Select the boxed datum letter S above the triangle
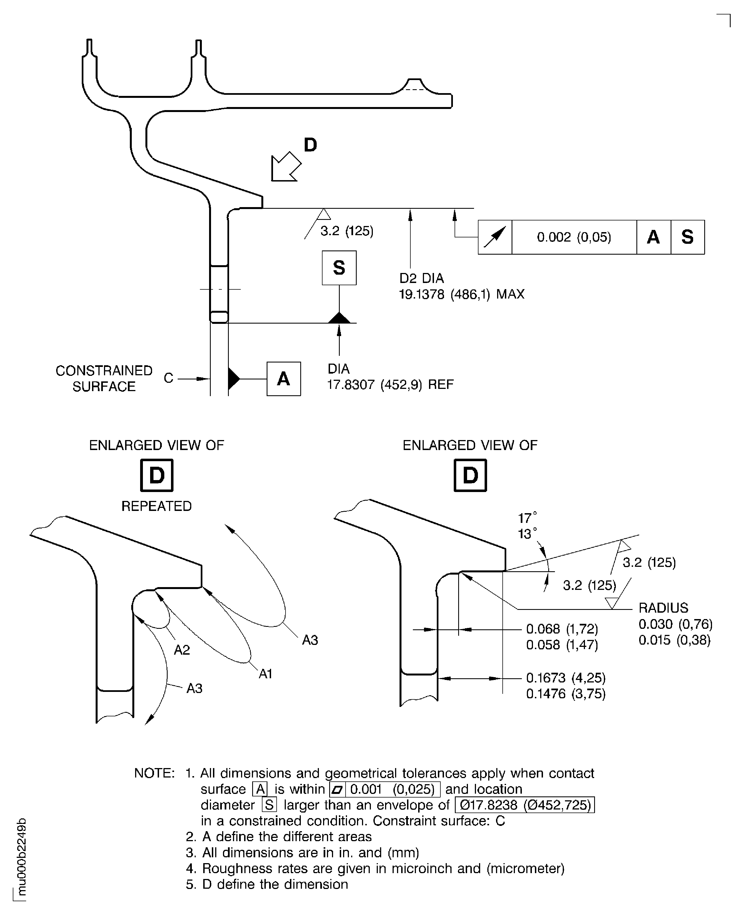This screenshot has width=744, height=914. click(339, 268)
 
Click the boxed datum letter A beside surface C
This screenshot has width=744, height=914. click(283, 379)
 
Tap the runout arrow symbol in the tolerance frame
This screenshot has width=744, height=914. click(495, 237)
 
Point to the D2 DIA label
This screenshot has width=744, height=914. click(421, 279)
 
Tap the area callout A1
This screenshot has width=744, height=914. click(265, 674)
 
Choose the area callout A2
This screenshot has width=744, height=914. click(182, 650)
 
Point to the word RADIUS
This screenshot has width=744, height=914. click(663, 608)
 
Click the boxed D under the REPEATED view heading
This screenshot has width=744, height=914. click(157, 475)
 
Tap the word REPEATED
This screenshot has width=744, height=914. click(157, 506)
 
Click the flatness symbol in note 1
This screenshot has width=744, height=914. click(337, 789)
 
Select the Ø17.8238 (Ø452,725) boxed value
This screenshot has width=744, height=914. click(525, 805)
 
